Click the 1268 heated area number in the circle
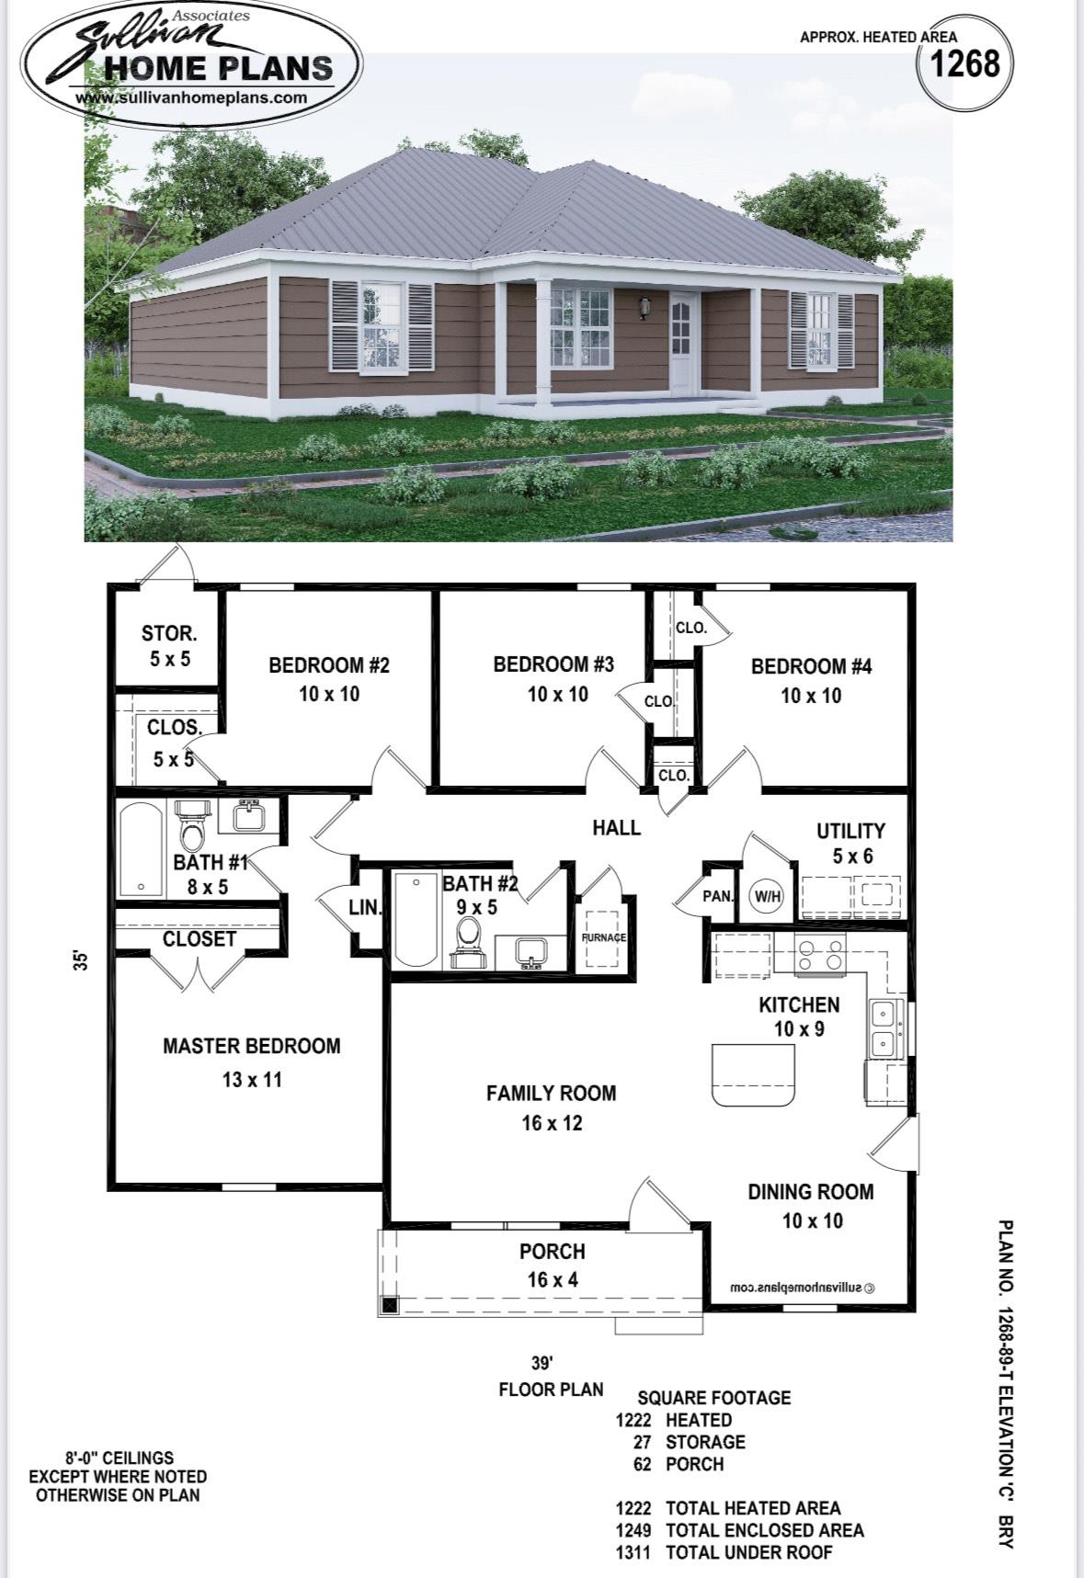964,64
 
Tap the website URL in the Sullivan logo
190,97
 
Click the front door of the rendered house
682,343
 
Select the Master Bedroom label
251,1046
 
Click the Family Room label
551,1093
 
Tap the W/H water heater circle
767,895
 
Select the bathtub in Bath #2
416,919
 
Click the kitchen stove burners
820,955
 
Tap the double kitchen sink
883,1029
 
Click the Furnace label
603,937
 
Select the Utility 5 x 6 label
851,843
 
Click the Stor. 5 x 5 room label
169,645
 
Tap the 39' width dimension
542,1362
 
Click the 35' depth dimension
82,961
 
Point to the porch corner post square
390,1303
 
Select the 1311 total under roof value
633,1552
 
